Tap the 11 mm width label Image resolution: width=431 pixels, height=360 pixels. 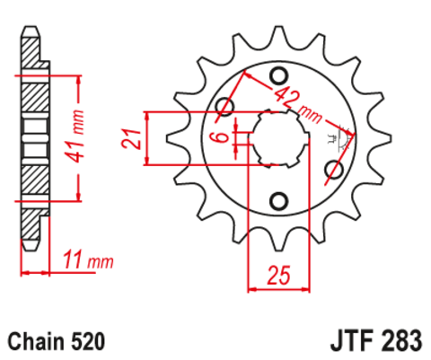click(91, 262)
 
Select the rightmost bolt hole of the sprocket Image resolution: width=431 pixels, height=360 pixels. click(336, 169)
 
